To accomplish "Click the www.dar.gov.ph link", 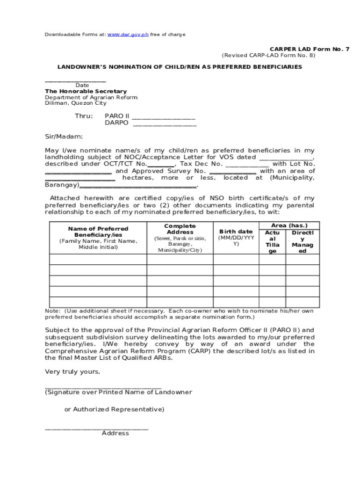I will [128, 35].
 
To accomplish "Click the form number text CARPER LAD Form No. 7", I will [309, 49].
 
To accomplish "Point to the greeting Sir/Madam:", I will [64, 137].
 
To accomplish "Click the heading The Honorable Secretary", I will [86, 91].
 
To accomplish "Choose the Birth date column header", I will [236, 232].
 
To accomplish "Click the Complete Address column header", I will [180, 229].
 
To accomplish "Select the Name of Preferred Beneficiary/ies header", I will [98, 232].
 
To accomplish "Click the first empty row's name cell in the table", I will [98, 260].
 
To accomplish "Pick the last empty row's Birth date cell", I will [236, 302].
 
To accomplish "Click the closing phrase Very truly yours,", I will [72, 372].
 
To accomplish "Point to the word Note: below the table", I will [52, 311].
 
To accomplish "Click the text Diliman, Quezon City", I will [75, 103].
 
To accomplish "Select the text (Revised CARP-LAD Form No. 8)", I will [268, 55].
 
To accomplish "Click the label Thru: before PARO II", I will [84, 116].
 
